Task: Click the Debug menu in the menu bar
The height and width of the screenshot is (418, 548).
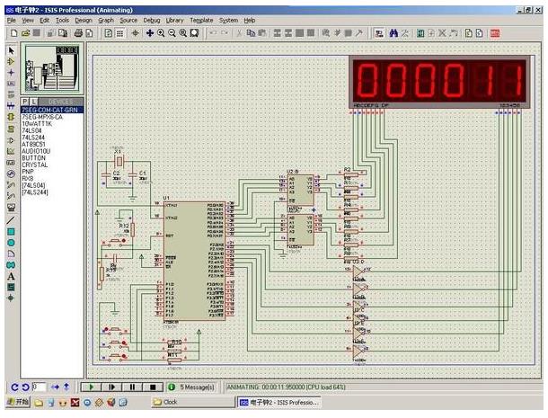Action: [x=152, y=20]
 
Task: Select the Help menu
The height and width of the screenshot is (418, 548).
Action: [x=249, y=20]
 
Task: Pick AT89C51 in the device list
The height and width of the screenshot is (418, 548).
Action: [x=37, y=144]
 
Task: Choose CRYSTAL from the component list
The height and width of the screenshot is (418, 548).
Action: [x=35, y=165]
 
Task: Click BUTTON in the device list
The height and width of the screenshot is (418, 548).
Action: [x=34, y=158]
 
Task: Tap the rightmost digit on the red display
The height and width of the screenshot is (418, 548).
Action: [x=511, y=81]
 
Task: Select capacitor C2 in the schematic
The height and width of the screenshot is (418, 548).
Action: [x=116, y=176]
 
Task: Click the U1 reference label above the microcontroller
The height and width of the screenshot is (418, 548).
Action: [x=166, y=197]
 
